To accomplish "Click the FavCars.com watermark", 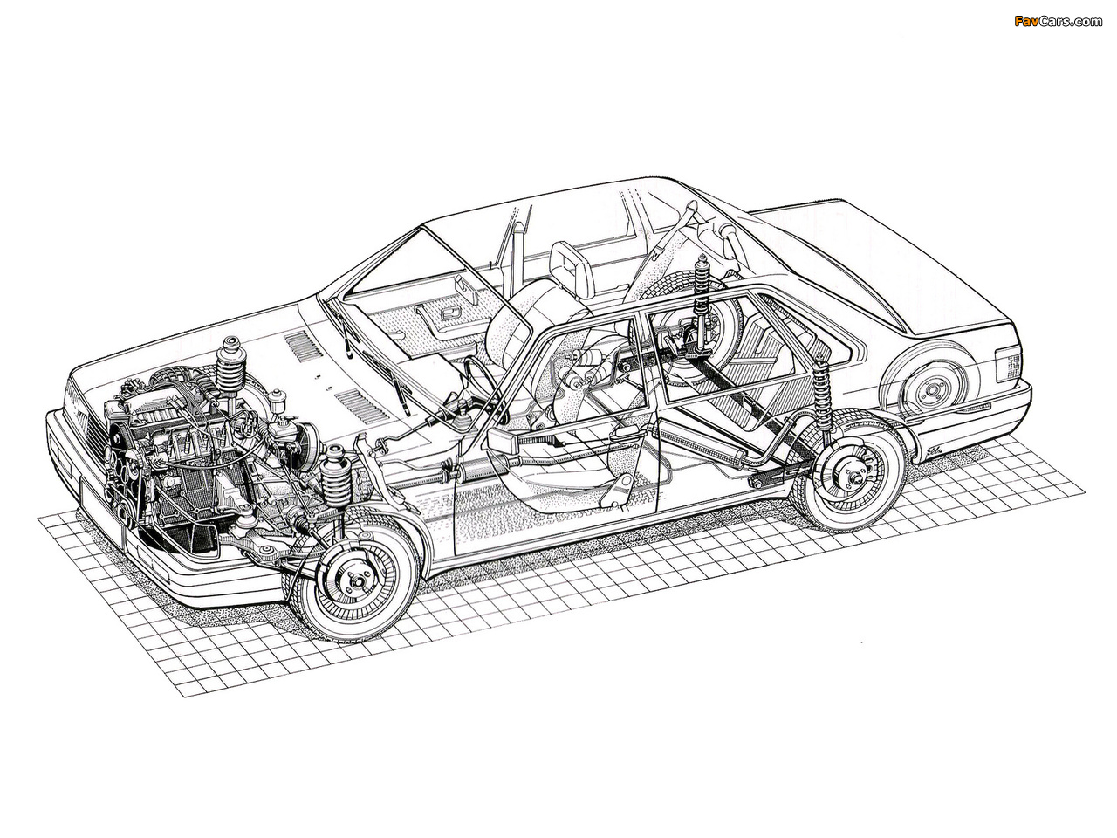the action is [x=1058, y=21].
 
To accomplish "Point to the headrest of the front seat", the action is [x=572, y=270].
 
